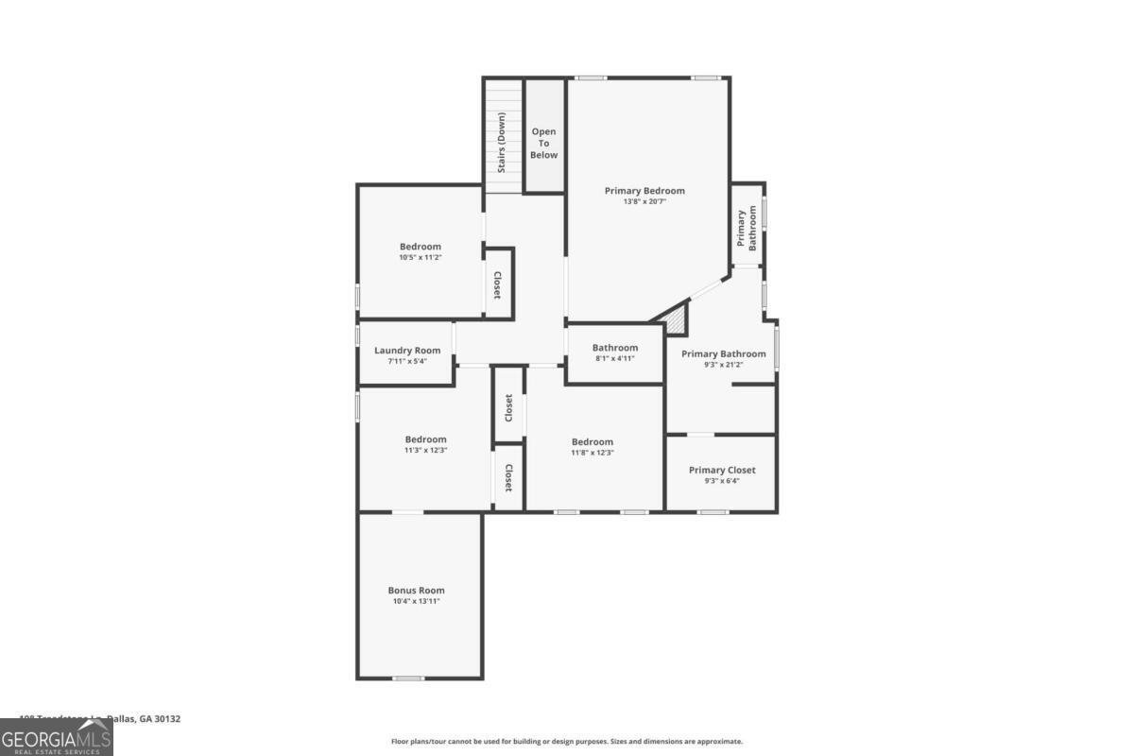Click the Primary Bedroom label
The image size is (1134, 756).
[644, 191]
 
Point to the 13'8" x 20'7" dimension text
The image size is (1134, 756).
[644, 202]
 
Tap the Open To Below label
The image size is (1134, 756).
[543, 144]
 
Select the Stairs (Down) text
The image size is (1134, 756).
[501, 142]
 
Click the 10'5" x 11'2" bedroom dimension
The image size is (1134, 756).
[420, 258]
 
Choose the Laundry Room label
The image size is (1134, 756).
[407, 351]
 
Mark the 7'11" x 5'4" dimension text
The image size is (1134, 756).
[407, 362]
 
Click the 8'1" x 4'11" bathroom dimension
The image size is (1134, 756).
[615, 359]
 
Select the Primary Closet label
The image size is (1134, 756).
[722, 470]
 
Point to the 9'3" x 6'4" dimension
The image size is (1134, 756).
[722, 481]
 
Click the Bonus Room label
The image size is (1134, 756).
[416, 591]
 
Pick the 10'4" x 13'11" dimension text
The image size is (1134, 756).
[416, 602]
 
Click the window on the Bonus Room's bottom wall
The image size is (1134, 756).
[407, 678]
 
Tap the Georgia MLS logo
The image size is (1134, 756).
[57, 737]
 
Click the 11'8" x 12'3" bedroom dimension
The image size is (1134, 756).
[593, 454]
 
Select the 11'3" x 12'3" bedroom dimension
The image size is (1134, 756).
[425, 451]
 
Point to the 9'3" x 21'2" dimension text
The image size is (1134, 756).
[724, 365]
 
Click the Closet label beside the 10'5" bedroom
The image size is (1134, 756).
[497, 284]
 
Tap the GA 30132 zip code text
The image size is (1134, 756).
[160, 719]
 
